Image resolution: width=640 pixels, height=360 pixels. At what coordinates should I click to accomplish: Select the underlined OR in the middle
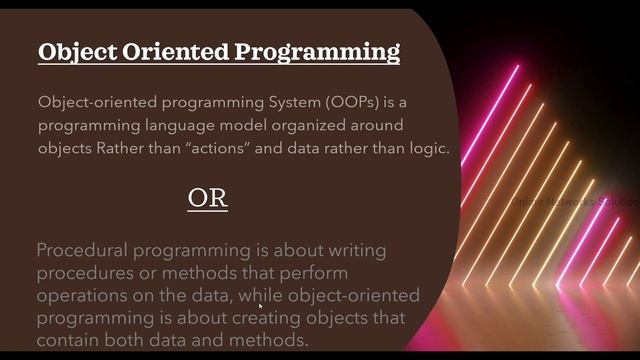tap(208, 198)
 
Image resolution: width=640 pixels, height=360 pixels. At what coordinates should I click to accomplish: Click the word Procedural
tap(83, 250)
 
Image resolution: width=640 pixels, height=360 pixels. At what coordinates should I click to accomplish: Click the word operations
tap(84, 296)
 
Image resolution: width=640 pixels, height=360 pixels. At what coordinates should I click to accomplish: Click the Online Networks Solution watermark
tap(574, 202)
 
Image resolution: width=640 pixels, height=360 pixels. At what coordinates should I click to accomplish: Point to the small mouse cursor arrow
tap(261, 307)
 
